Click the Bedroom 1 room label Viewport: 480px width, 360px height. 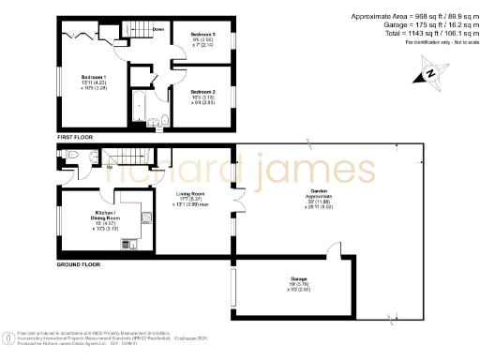pyautogui.click(x=94, y=77)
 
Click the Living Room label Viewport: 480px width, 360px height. pyautogui.click(x=191, y=194)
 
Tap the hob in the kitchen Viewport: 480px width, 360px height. pyautogui.click(x=129, y=245)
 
